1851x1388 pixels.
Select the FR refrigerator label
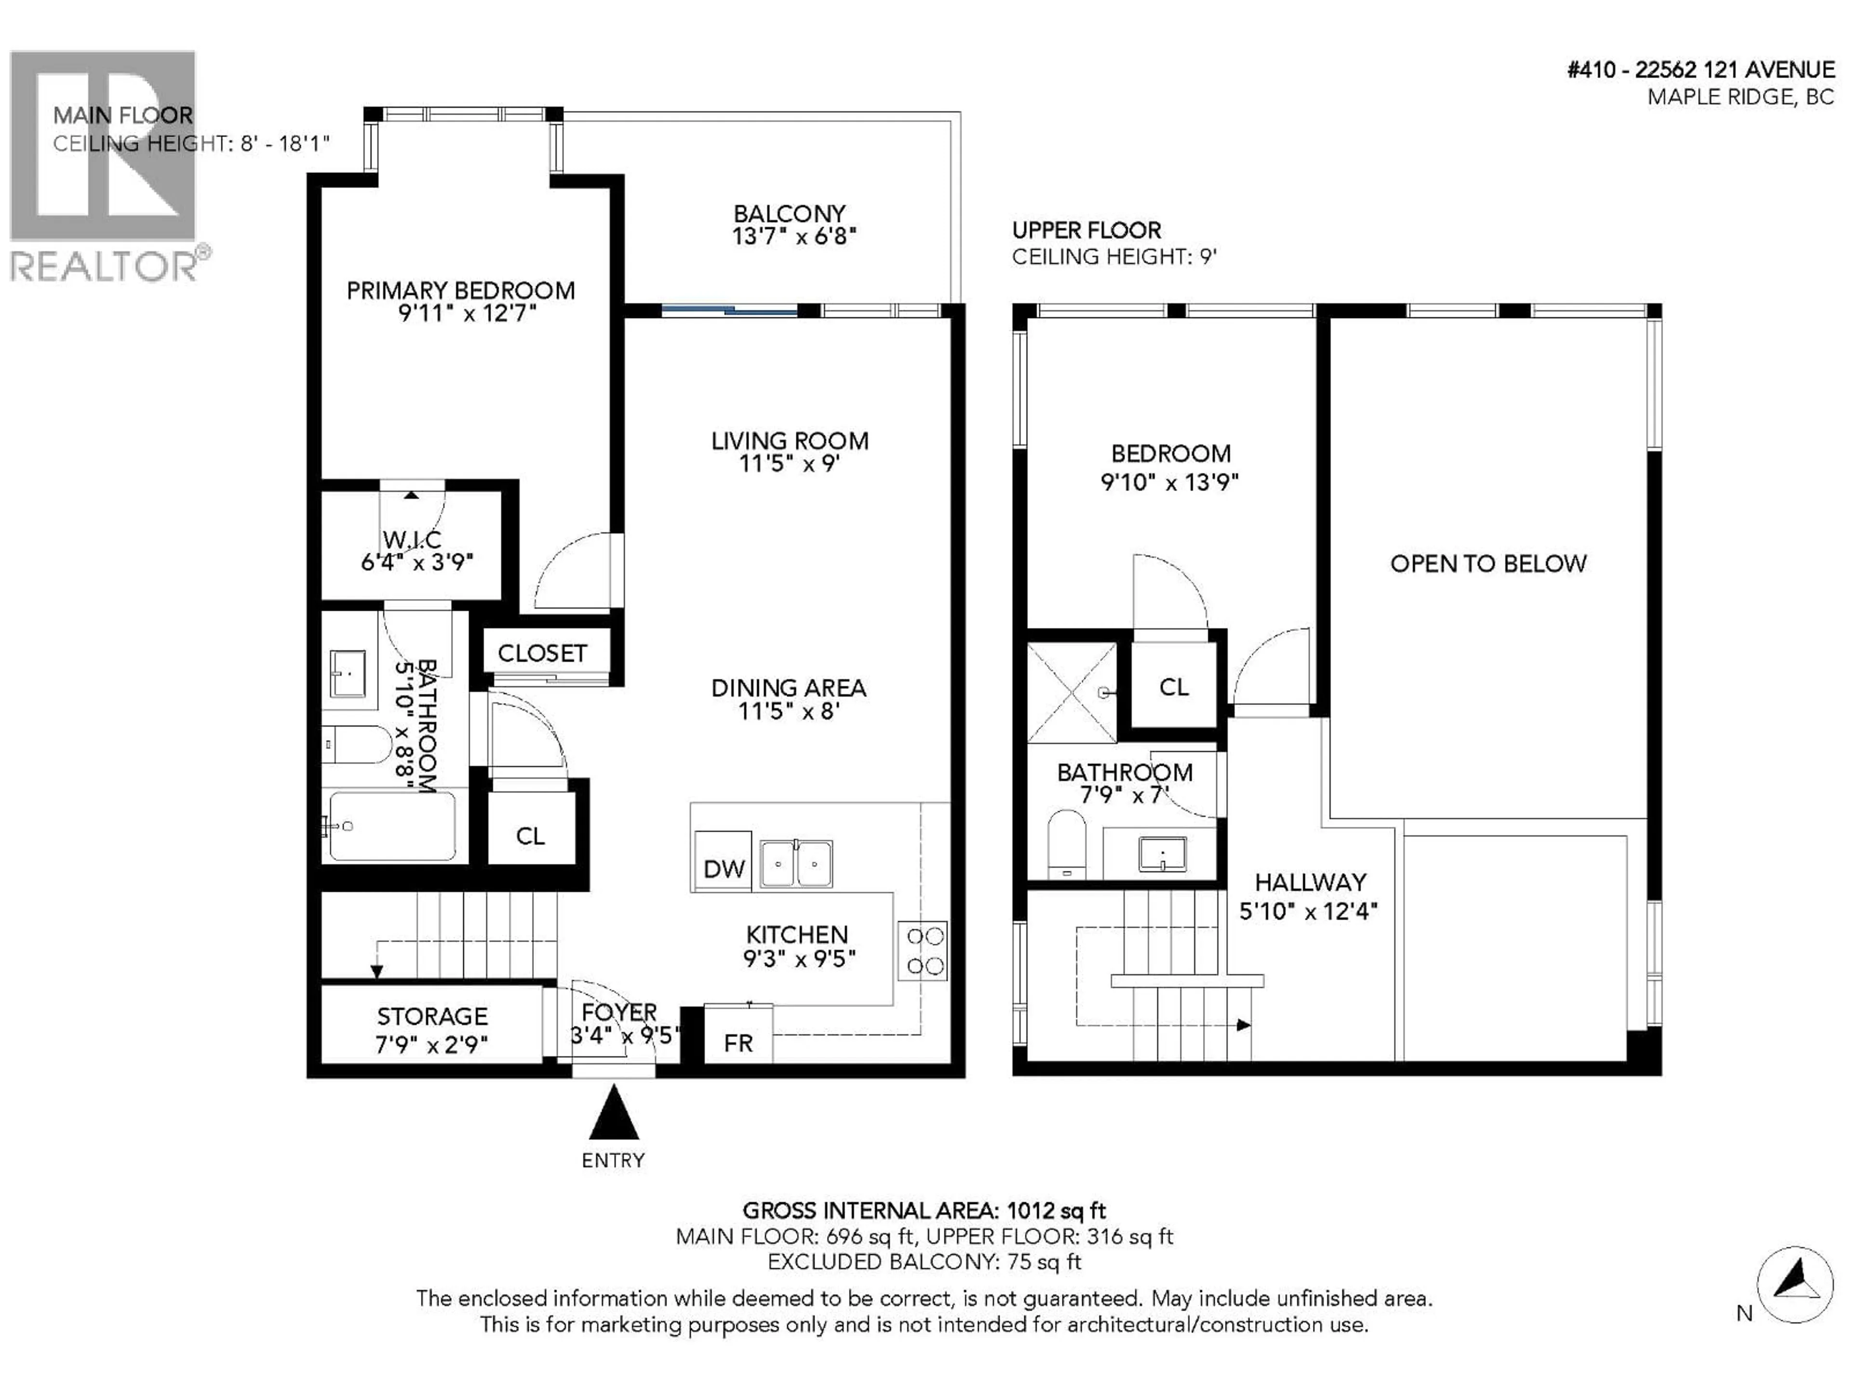[738, 1042]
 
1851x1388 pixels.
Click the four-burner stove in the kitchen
[925, 950]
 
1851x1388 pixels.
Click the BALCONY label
[789, 214]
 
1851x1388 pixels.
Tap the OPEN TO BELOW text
[1488, 564]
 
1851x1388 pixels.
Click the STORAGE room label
[432, 1016]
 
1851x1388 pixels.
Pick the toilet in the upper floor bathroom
[1066, 843]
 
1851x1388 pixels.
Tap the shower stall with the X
[1071, 693]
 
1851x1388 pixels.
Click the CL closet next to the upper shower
[1173, 687]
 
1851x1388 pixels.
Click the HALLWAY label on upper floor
[1310, 882]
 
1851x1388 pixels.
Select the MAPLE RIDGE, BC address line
[1740, 97]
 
